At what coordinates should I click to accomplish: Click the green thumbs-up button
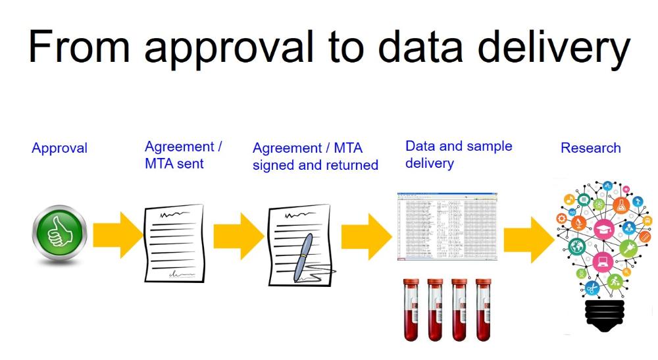tap(59, 234)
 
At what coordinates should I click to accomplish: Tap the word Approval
tap(59, 148)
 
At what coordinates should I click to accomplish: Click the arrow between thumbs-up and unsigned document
tap(118, 235)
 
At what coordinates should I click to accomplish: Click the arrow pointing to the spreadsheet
tap(366, 236)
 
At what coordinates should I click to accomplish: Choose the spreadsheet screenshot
tap(447, 226)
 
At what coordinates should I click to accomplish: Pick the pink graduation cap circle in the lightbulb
tap(603, 230)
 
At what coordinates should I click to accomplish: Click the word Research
tap(590, 148)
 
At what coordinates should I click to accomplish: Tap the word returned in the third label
tap(352, 165)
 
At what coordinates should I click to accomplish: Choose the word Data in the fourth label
tap(420, 146)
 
